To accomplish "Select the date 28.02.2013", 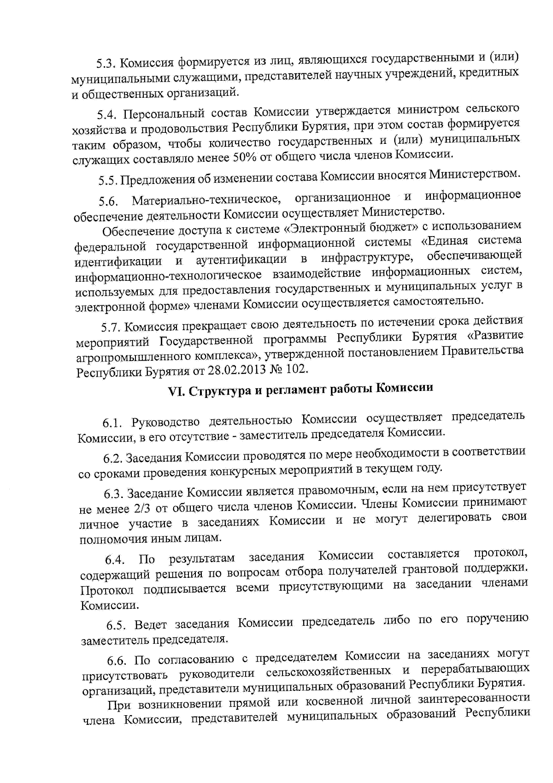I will (x=237, y=369).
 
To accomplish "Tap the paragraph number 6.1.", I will (x=113, y=422).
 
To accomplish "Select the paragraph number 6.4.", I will (x=115, y=560).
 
